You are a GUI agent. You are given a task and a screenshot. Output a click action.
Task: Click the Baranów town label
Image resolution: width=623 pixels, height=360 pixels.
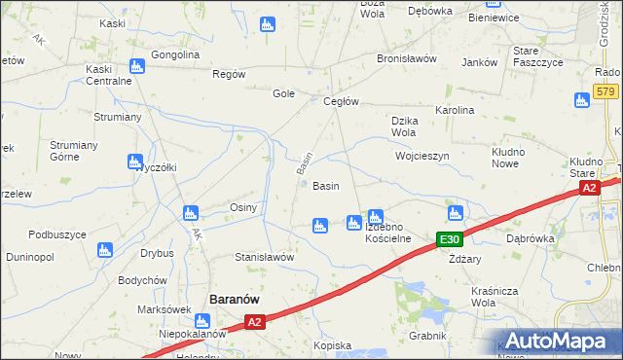(x=235, y=301)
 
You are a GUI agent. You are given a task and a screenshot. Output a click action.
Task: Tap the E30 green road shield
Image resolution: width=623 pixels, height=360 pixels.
(x=449, y=239)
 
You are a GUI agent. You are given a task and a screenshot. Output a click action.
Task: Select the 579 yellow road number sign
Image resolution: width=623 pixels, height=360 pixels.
(x=605, y=91)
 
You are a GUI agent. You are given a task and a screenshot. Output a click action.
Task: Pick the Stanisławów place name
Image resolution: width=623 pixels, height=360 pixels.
(x=265, y=257)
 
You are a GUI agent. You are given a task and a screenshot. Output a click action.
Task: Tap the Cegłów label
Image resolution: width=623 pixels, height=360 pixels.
(x=342, y=102)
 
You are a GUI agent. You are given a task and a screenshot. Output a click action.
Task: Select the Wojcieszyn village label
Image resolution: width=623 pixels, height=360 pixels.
(x=421, y=156)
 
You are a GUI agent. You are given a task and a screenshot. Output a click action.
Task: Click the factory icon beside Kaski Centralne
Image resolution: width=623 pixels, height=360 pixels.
(x=135, y=67)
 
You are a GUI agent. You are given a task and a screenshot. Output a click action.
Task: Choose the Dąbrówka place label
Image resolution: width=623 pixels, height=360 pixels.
(x=531, y=236)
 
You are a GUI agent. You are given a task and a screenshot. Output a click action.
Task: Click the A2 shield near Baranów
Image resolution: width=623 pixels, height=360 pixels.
(x=254, y=322)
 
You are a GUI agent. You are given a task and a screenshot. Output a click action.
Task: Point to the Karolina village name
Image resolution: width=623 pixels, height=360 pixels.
(x=455, y=111)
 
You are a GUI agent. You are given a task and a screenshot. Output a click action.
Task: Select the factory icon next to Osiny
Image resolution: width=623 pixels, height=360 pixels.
(x=191, y=212)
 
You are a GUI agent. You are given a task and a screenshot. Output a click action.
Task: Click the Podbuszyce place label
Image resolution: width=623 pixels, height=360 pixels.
(x=57, y=234)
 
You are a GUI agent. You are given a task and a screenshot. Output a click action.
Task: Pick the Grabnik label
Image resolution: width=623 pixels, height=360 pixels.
(x=427, y=336)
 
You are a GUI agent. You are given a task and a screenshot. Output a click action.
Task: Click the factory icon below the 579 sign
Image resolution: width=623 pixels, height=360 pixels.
(x=582, y=99)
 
